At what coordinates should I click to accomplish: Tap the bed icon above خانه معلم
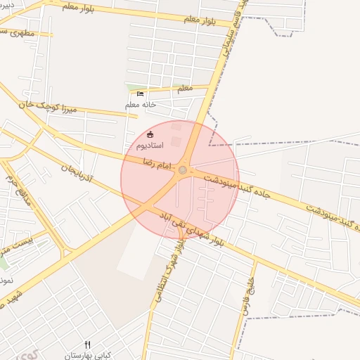tap(140, 94)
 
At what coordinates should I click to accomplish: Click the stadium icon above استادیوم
tap(149, 135)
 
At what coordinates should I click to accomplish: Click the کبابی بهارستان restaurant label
tap(87, 356)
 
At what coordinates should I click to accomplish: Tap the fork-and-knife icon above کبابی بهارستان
tap(87, 345)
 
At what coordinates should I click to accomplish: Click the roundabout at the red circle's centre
tap(183, 170)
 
